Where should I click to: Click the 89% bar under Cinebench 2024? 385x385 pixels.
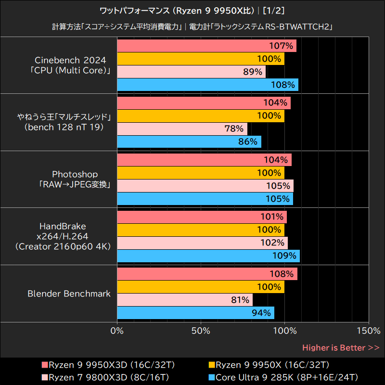coord(191,72)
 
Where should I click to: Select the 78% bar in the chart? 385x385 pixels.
coord(182,128)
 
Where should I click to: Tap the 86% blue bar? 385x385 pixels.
coord(189,141)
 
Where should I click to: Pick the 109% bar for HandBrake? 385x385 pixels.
coord(208,256)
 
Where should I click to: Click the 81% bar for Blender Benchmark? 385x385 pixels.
coord(184,300)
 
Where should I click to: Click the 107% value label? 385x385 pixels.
coord(282,46)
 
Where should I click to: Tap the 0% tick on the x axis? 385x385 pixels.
coord(117,331)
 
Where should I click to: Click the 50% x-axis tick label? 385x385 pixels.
coord(201,331)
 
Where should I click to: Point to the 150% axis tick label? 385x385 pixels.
coord(368,331)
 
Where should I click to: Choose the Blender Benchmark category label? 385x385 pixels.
coord(69,294)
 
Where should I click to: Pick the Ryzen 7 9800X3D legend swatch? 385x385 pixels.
coord(45,377)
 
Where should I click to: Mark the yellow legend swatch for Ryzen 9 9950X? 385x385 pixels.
coord(212,364)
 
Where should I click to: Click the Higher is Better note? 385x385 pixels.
coord(341,347)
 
